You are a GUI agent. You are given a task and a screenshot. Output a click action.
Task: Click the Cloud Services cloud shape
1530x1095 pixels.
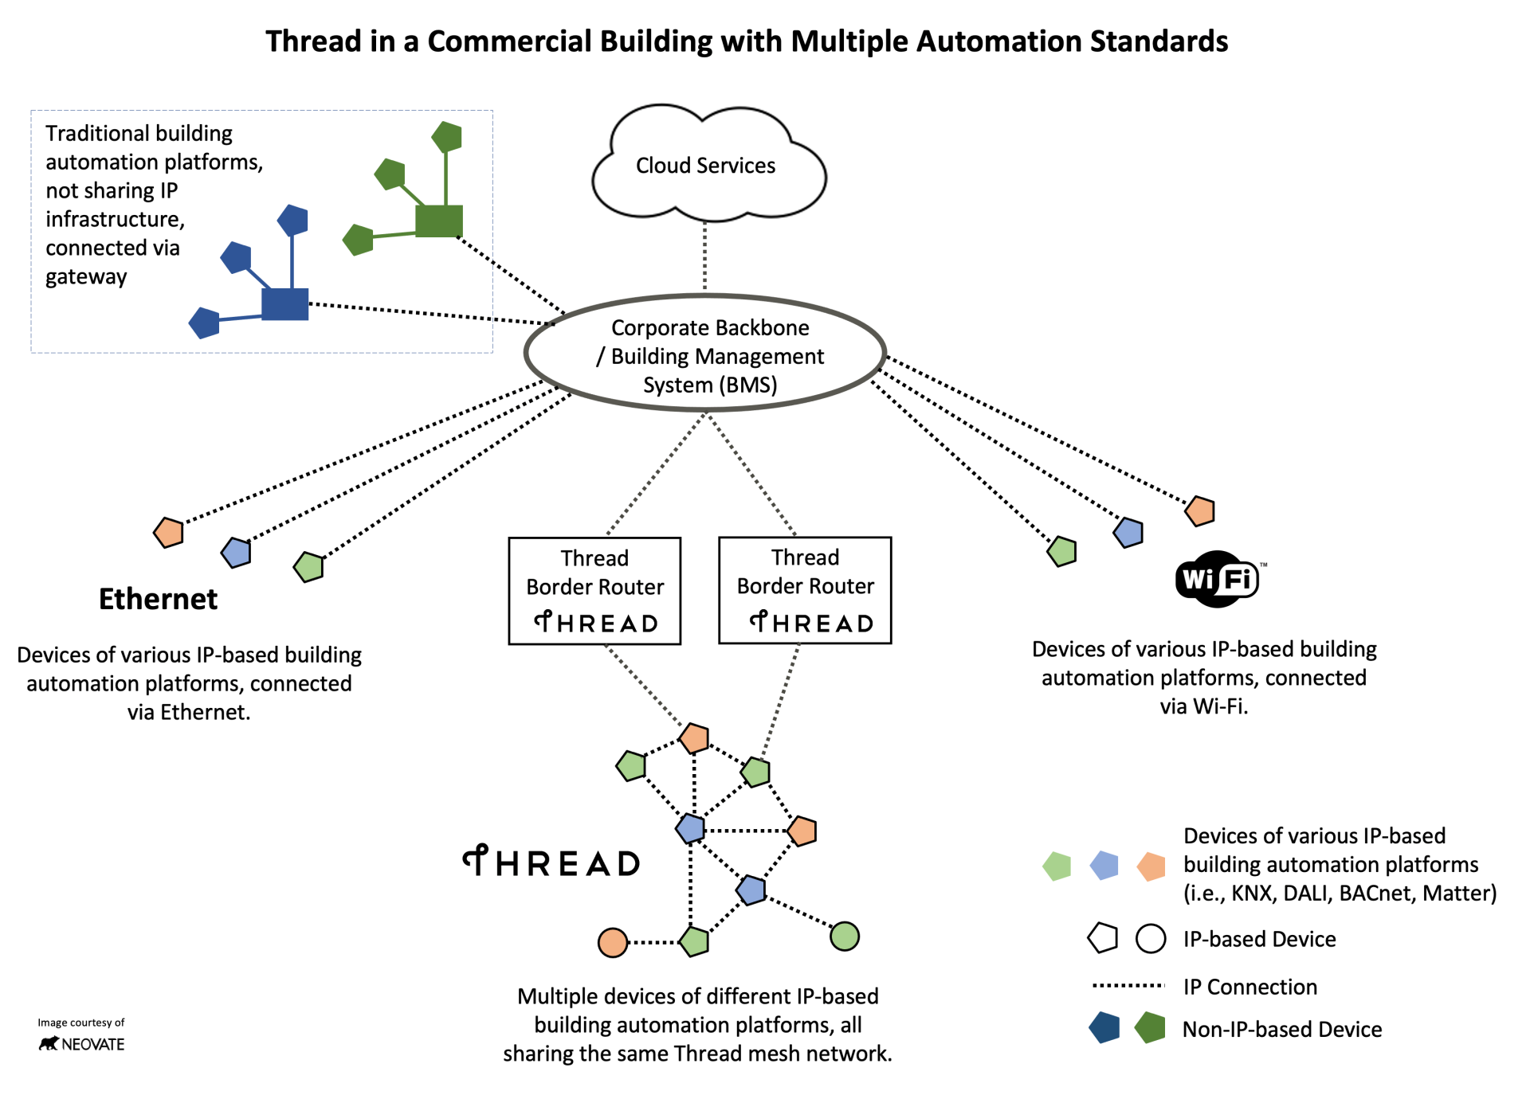pyautogui.click(x=707, y=165)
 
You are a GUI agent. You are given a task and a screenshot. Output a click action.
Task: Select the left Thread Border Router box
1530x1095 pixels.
pyautogui.click(x=594, y=590)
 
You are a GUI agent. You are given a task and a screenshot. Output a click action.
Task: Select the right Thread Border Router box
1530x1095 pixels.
pyautogui.click(x=805, y=589)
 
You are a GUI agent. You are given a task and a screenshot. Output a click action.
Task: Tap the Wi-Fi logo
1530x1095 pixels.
pyautogui.click(x=1218, y=579)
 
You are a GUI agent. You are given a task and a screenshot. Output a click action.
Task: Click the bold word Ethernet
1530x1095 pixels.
pyautogui.click(x=158, y=599)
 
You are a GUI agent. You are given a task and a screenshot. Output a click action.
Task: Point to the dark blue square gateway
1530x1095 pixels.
pyautogui.click(x=284, y=304)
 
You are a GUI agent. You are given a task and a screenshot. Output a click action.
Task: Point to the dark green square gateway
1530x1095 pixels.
pyautogui.click(x=439, y=221)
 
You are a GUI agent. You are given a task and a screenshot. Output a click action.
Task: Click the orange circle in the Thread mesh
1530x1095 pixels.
pyautogui.click(x=612, y=942)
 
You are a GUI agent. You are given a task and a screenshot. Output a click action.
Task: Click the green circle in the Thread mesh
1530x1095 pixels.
pyautogui.click(x=845, y=936)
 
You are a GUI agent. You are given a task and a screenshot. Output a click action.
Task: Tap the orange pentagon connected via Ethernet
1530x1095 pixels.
pyautogui.click(x=169, y=532)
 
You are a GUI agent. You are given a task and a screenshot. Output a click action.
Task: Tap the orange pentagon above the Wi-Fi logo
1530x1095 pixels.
pyautogui.click(x=1200, y=510)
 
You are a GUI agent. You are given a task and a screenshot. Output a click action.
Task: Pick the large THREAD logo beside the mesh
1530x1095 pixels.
pyautogui.click(x=551, y=862)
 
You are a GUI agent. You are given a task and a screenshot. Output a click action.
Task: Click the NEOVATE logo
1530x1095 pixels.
pyautogui.click(x=82, y=1043)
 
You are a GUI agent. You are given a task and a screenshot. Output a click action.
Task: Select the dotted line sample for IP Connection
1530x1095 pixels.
pyautogui.click(x=1128, y=986)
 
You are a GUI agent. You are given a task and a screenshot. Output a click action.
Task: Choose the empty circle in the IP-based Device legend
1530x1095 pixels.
pyautogui.click(x=1151, y=938)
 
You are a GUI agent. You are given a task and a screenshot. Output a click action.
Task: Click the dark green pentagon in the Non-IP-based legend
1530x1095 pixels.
pyautogui.click(x=1151, y=1028)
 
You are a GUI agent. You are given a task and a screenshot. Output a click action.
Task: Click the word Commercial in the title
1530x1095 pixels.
pyautogui.click(x=509, y=41)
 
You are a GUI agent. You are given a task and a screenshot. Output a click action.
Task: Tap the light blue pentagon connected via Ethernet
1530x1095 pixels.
pyautogui.click(x=237, y=552)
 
